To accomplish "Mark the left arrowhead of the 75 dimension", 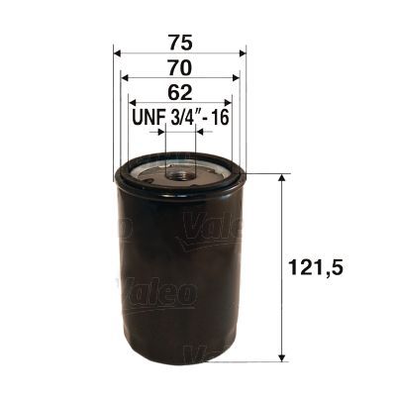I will click(x=119, y=51).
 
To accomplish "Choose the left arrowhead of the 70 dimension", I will click(x=125, y=78).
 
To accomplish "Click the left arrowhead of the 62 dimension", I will click(x=133, y=104).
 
